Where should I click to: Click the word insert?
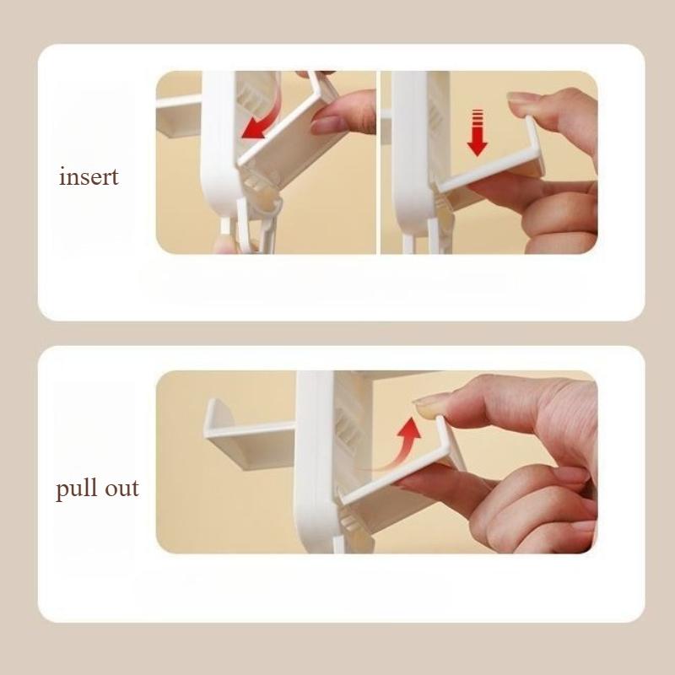pos(89,177)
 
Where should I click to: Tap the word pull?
pos(77,489)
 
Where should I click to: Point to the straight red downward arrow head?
pos(477,147)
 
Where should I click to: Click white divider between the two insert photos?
pos(378,162)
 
